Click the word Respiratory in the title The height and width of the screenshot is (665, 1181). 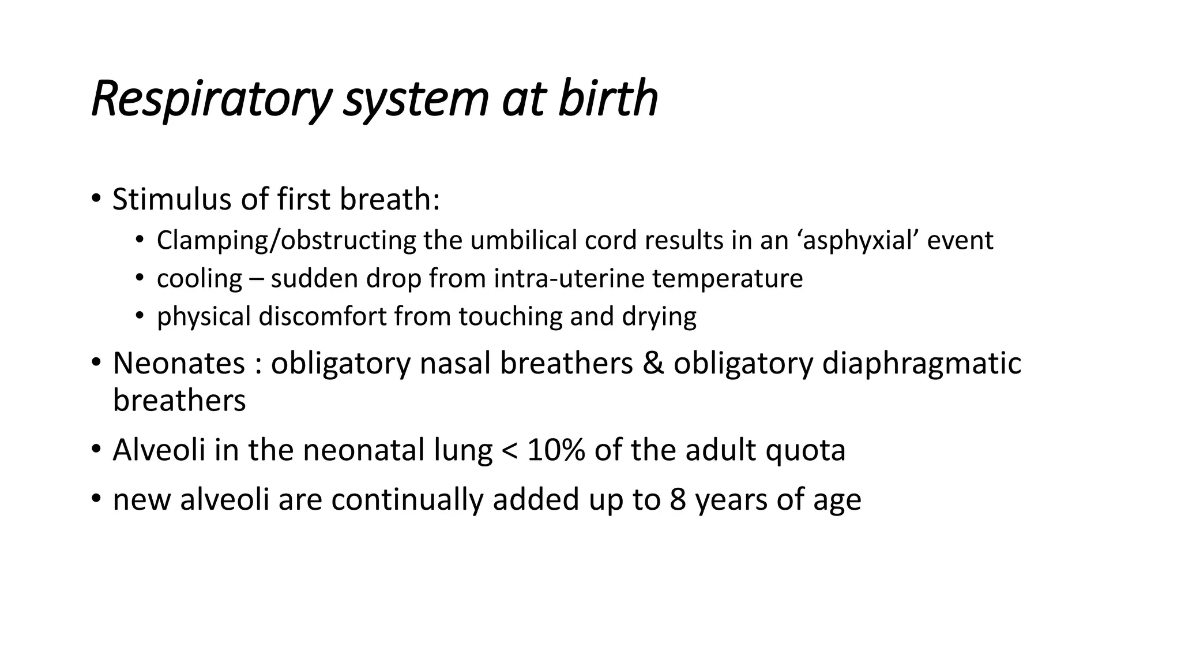(211, 99)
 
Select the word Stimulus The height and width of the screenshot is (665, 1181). (171, 200)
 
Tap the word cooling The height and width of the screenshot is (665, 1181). (200, 279)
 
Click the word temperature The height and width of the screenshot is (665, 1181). (727, 279)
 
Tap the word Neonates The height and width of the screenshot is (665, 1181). (179, 364)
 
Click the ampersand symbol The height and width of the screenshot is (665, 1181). (653, 364)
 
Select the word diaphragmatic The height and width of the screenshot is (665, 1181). (921, 364)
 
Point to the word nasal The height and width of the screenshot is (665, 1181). (455, 364)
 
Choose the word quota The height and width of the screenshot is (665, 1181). (805, 450)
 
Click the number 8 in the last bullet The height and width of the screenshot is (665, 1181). (678, 500)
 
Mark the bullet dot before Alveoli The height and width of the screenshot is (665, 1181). (96, 450)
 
